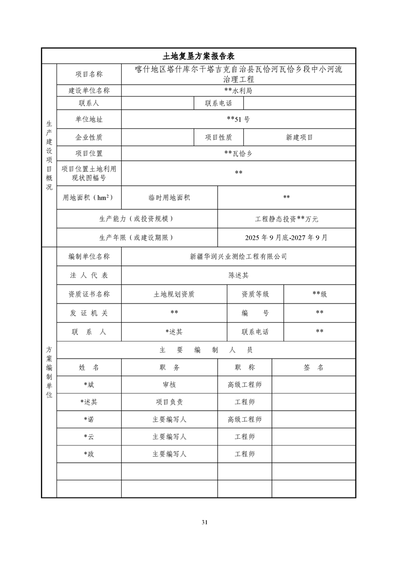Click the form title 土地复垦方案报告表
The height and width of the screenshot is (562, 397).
[199, 56]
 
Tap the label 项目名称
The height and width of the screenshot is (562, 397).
[89, 74]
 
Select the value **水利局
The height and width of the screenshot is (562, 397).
[238, 91]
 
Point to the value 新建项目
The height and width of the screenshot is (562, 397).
[299, 137]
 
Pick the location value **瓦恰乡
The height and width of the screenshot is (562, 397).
[238, 153]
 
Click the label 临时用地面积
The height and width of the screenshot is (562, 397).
[169, 197]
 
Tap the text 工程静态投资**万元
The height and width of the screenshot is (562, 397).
[286, 219]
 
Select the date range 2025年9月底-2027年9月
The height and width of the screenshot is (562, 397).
[286, 238]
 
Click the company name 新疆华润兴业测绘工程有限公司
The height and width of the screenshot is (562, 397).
[238, 256]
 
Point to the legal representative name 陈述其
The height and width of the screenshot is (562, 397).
[238, 275]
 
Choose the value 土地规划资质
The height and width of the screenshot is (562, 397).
[174, 294]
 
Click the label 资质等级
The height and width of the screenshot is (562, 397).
[255, 294]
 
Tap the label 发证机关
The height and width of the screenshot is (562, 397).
[89, 313]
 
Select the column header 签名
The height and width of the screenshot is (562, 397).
[313, 367]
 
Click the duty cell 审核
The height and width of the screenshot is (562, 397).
[169, 385]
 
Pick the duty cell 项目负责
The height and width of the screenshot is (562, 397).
[169, 402]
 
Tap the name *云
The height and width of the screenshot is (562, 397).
[89, 437]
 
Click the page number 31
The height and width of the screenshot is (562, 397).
[204, 522]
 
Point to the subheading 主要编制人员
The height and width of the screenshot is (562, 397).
[206, 350]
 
